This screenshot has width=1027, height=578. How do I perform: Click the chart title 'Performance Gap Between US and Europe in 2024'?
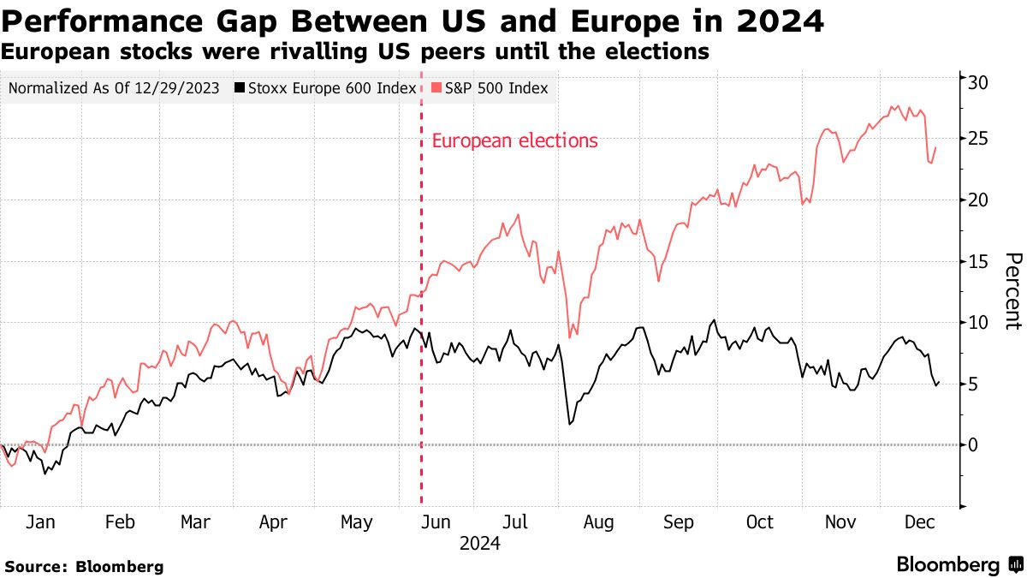tap(413, 21)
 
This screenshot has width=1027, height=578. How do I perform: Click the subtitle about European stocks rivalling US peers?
tap(355, 52)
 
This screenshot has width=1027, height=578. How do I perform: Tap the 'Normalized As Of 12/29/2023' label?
tap(114, 88)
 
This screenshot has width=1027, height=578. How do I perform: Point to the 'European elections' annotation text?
tap(515, 141)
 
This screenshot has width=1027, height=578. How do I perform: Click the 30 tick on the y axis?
tap(978, 82)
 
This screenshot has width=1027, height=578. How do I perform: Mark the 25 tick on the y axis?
tap(978, 139)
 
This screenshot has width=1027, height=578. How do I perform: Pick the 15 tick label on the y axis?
tap(978, 261)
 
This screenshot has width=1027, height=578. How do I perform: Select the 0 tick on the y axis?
tap(973, 444)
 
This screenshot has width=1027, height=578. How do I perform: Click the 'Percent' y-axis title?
tap(1012, 291)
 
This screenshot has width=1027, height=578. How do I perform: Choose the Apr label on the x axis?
tap(273, 522)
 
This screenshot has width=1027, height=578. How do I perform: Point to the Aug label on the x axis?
tap(598, 522)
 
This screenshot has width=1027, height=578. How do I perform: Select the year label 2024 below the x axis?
tap(479, 543)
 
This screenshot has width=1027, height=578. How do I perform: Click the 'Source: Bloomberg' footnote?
tap(84, 566)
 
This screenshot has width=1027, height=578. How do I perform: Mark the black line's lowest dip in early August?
tap(569, 424)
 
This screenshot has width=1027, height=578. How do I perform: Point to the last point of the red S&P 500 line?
tap(935, 147)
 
